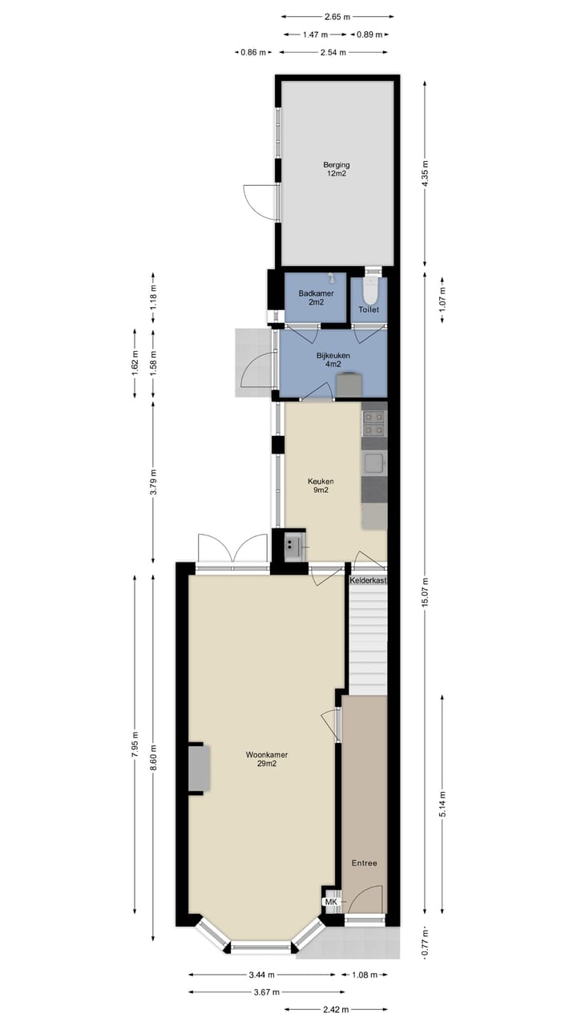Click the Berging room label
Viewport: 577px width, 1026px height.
[x=337, y=169]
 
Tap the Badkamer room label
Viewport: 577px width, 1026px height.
[x=311, y=297]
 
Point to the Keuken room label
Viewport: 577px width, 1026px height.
[x=321, y=486]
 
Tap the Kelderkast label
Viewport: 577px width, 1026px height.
[x=369, y=580]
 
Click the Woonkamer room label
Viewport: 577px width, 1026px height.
[x=267, y=759]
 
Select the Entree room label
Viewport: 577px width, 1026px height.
[x=364, y=862]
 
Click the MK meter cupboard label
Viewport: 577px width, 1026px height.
[x=330, y=902]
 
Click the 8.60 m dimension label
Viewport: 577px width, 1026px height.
[x=153, y=757]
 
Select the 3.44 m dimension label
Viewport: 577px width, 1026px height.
[x=262, y=975]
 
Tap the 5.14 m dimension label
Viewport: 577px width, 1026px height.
[x=443, y=804]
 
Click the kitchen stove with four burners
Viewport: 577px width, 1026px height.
[x=373, y=423]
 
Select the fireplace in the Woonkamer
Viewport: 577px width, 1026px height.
[x=199, y=769]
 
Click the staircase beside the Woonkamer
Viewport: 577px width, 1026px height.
[x=368, y=637]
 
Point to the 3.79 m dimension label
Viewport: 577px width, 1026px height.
[x=153, y=483]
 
